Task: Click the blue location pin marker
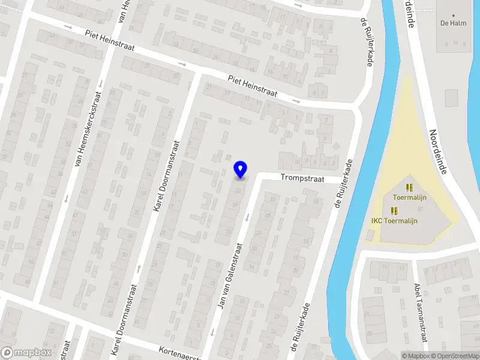[x=240, y=169]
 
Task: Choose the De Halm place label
[x=453, y=24]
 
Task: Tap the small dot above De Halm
[x=453, y=16]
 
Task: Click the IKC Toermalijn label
[x=394, y=220]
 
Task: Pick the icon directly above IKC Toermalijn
[x=394, y=210]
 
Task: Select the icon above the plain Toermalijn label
[x=409, y=187]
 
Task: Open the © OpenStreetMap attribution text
[x=454, y=356]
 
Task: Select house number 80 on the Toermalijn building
[x=420, y=208]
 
